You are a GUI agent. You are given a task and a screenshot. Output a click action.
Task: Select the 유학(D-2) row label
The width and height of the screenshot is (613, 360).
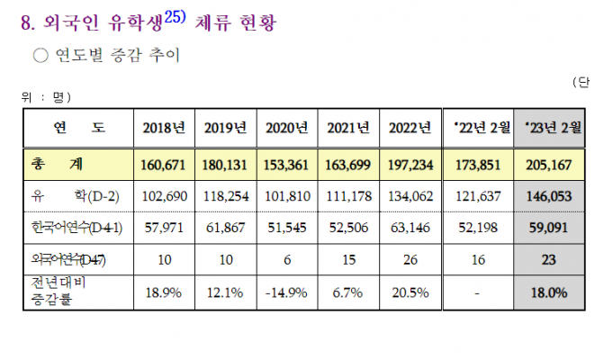(67, 195)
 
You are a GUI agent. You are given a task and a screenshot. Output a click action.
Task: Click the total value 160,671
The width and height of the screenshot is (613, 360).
(164, 164)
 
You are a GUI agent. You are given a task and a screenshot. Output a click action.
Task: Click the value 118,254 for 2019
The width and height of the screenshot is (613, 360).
(225, 195)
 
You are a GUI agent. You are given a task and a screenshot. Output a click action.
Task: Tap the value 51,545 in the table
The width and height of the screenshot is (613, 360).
(287, 228)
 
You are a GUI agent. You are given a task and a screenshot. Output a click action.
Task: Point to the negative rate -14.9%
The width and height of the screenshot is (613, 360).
(287, 292)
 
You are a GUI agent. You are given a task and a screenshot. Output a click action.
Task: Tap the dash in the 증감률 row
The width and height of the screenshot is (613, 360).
(482, 293)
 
